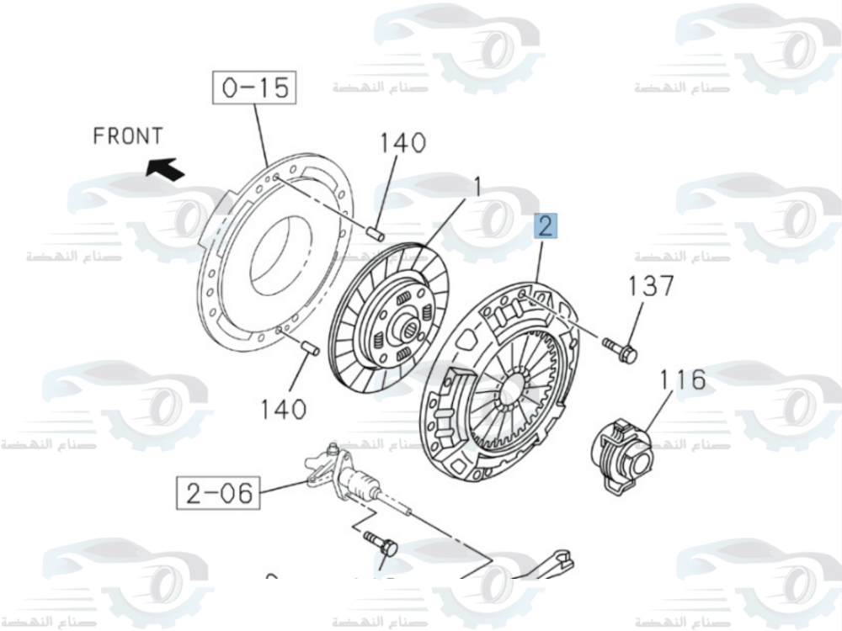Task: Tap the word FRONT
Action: click(x=127, y=135)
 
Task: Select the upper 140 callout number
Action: click(x=402, y=143)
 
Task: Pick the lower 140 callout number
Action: click(x=282, y=410)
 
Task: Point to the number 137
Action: click(x=651, y=286)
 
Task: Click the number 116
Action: click(x=683, y=380)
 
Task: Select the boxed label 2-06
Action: click(x=219, y=492)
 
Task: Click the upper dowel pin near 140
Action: click(x=376, y=232)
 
